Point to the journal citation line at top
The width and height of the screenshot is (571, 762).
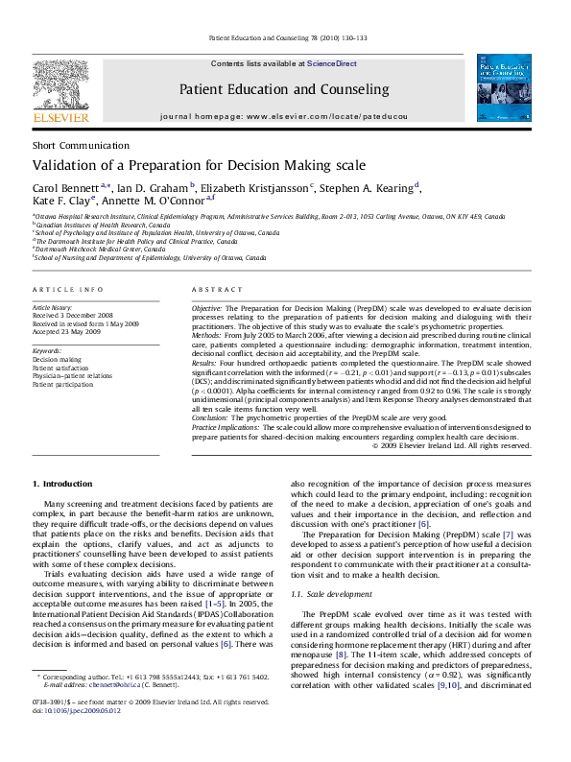tap(285, 39)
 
